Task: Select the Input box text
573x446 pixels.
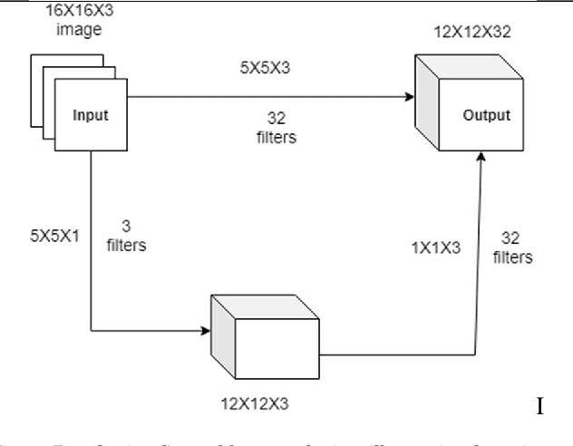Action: pos(91,116)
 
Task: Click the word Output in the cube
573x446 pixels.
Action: pos(488,116)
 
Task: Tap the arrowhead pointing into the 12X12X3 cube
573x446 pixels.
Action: pos(204,331)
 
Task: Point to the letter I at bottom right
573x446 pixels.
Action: pos(540,405)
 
